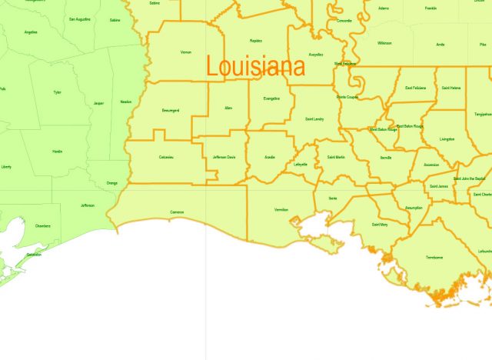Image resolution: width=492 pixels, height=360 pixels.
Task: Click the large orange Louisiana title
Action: (x=255, y=66)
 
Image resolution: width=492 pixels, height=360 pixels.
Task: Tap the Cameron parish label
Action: (x=178, y=212)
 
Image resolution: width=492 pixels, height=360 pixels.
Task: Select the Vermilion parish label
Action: (x=281, y=209)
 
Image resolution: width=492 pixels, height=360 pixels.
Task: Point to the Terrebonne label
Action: (x=434, y=258)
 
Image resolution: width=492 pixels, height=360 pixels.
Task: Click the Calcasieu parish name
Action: (x=166, y=157)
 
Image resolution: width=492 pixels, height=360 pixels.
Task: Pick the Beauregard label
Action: (x=171, y=111)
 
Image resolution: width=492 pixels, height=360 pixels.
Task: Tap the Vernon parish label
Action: (x=185, y=52)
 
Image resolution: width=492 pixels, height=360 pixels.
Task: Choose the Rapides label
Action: (x=256, y=40)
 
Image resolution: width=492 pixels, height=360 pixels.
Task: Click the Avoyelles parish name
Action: (x=316, y=55)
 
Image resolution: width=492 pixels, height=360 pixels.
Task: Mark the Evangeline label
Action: (x=271, y=98)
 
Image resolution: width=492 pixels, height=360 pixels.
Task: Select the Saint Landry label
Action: (x=314, y=119)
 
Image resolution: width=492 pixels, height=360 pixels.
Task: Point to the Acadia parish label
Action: (x=270, y=157)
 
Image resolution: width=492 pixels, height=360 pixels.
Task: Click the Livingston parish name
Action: (x=447, y=139)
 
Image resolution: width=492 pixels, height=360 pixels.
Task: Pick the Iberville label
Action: (x=386, y=158)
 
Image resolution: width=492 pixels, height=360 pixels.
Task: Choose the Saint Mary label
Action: (x=380, y=224)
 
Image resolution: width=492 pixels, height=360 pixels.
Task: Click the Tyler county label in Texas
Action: (x=57, y=92)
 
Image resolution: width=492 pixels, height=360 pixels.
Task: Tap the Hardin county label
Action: (x=57, y=152)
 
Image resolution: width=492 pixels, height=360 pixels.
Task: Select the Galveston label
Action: (x=34, y=254)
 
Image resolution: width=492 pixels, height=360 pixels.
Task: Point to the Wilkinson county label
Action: (x=384, y=43)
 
